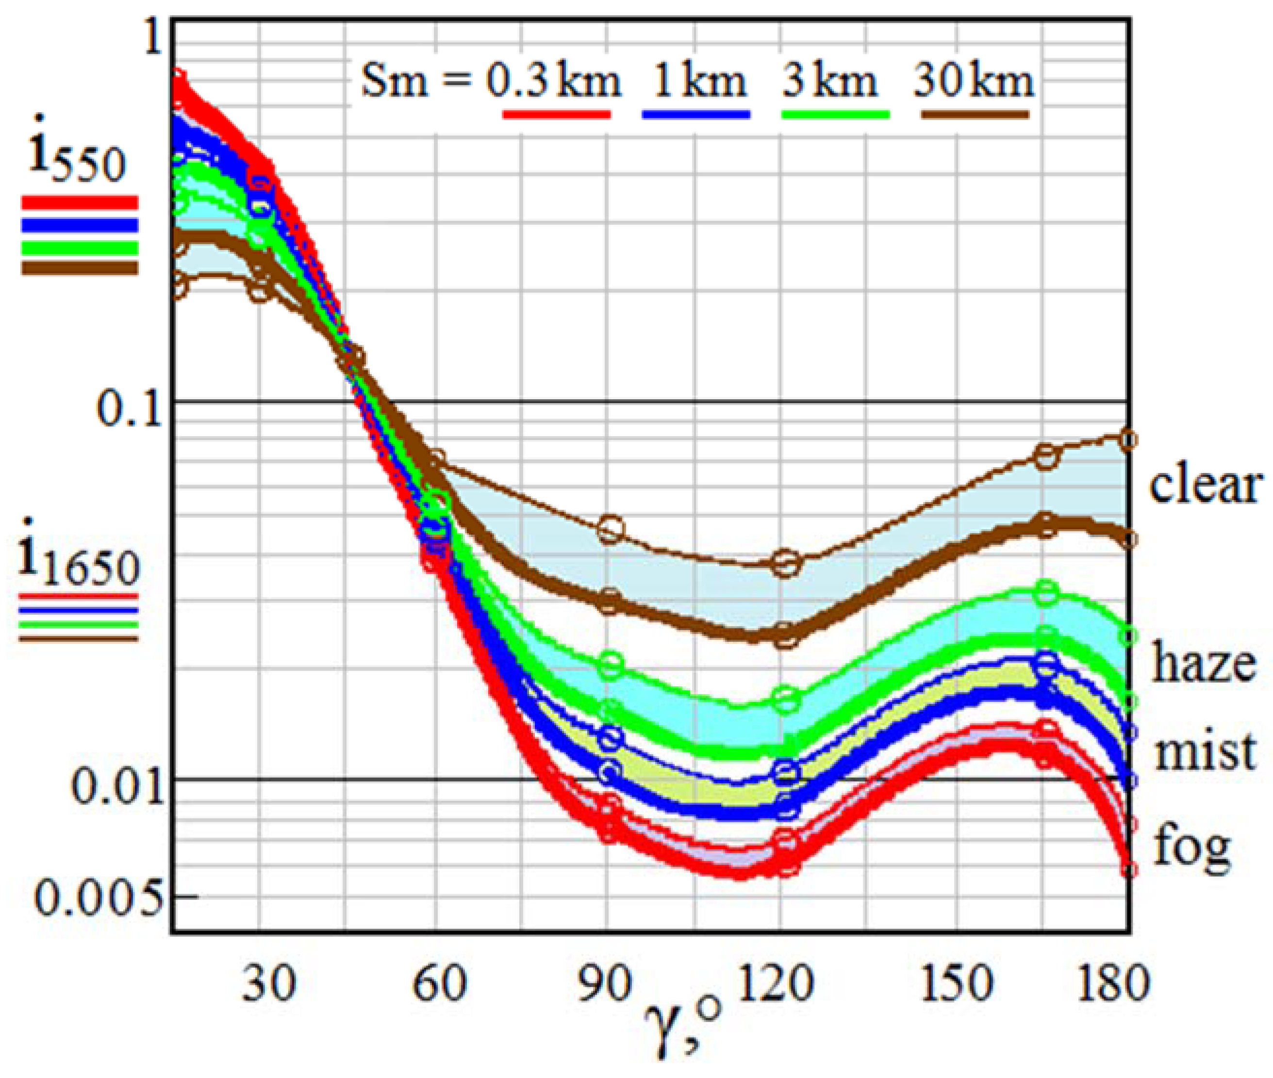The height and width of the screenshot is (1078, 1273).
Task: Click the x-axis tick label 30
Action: click(x=268, y=984)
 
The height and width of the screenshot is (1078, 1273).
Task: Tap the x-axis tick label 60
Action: click(x=439, y=984)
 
